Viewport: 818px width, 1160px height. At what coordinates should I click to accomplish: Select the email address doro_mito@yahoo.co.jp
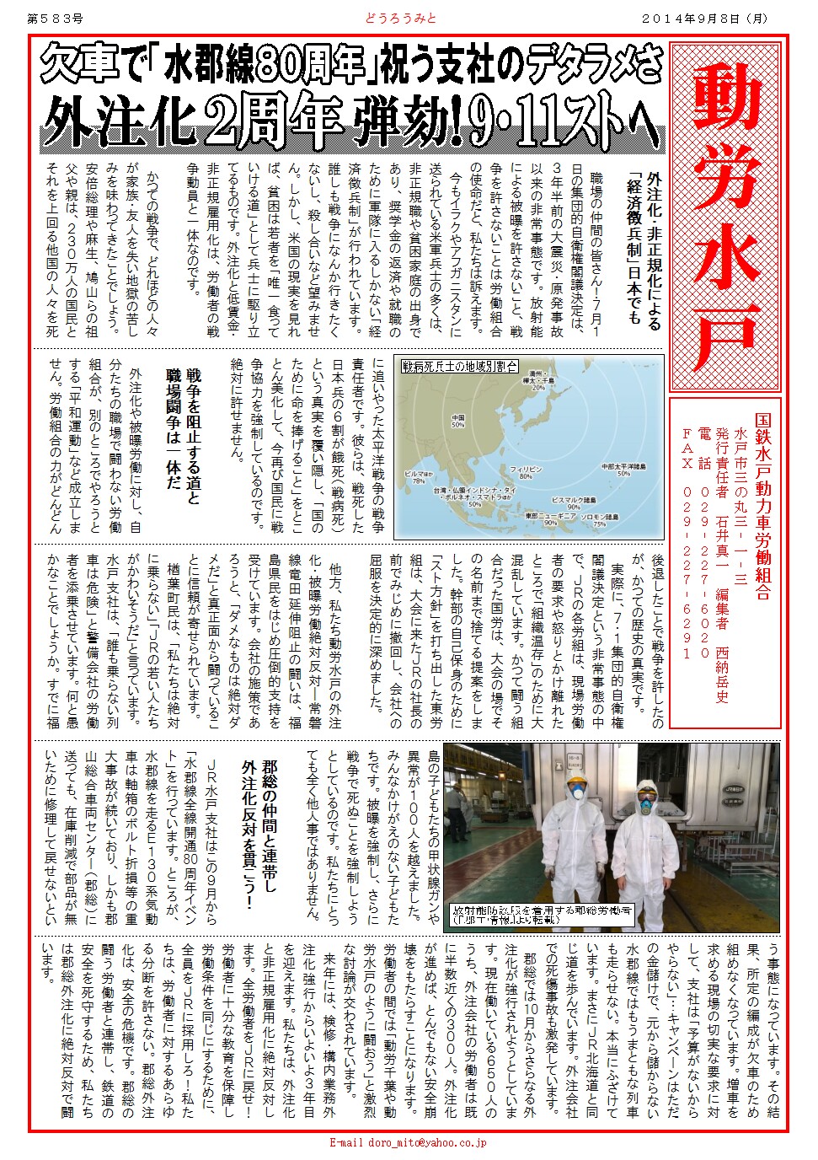tap(407, 1143)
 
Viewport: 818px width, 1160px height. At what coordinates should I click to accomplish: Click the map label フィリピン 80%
tap(525, 472)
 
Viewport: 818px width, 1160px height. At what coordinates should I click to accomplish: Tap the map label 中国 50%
tap(458, 422)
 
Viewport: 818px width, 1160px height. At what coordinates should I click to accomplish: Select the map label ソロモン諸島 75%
tap(599, 520)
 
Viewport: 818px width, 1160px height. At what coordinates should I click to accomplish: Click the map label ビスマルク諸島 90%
tap(574, 503)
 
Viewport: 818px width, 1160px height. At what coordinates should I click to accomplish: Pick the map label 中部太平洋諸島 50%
tap(623, 470)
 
